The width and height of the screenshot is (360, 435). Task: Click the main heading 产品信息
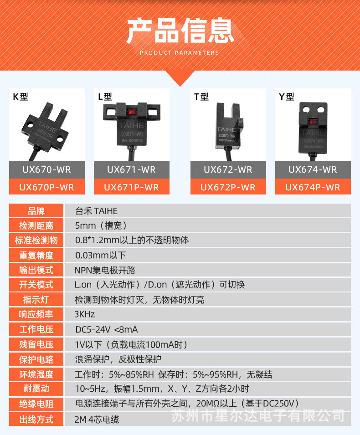[x=180, y=31]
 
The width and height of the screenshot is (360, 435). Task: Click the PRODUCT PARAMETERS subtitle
[x=180, y=53]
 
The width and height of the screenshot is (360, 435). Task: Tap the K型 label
[x=21, y=97]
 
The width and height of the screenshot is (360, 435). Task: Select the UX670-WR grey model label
[x=46, y=169]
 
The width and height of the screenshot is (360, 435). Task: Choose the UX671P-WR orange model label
[x=131, y=187]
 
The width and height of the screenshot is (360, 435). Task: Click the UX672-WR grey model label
[x=228, y=169]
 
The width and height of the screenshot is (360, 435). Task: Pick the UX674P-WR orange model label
[x=313, y=187]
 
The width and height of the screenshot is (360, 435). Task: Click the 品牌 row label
[x=36, y=211]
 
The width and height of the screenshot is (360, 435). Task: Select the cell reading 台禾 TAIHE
[x=96, y=211]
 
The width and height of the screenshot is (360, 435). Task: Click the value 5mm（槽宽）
[x=101, y=225]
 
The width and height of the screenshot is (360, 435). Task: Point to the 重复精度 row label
[x=36, y=255]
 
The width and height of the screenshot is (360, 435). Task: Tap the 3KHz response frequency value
[x=85, y=314]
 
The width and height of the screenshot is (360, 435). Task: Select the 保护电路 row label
[x=36, y=359]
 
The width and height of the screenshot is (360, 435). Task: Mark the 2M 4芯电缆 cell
[x=97, y=419]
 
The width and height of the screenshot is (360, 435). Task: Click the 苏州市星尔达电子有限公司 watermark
[x=257, y=415]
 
